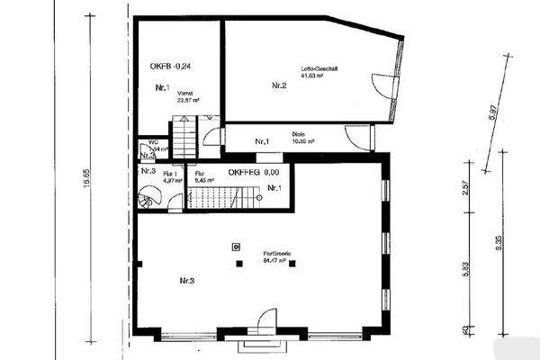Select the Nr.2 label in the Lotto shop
coord(278,85)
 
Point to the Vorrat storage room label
coord(186,95)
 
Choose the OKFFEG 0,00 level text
coord(254,171)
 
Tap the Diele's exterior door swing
coord(357,138)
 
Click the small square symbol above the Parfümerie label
coord(236,245)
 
